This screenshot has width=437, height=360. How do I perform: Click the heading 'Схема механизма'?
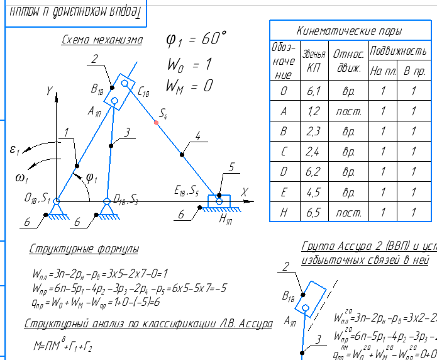(x=102, y=41)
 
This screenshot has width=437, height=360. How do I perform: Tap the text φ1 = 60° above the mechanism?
(x=196, y=39)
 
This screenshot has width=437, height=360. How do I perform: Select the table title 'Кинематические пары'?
(x=350, y=31)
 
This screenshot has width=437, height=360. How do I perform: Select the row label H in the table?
(x=284, y=213)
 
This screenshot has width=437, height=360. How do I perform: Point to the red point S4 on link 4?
(x=157, y=122)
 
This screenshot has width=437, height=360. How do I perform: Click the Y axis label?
(x=48, y=91)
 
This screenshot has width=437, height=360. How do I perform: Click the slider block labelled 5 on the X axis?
(x=219, y=201)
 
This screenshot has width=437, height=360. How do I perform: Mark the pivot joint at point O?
(x=56, y=201)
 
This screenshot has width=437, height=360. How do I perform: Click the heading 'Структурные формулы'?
(x=84, y=250)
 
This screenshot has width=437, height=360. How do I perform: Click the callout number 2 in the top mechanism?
(x=94, y=60)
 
